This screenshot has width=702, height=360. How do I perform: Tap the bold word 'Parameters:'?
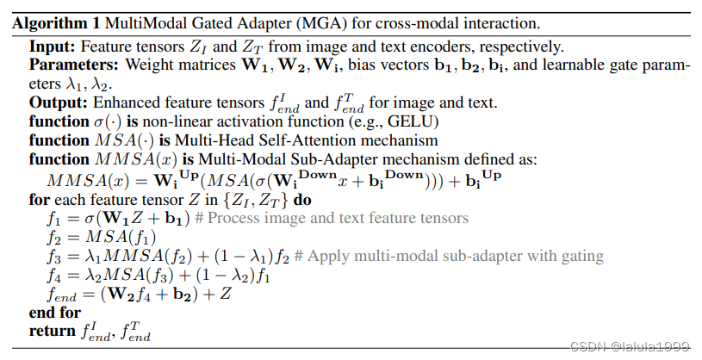[x=68, y=65]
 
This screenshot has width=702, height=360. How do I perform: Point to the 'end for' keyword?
[x=55, y=313]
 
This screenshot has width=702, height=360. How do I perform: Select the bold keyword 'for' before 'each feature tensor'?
[x=40, y=199]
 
